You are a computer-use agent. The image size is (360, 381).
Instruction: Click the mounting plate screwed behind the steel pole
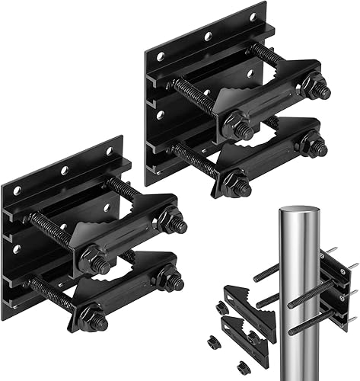click(x=335, y=286)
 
